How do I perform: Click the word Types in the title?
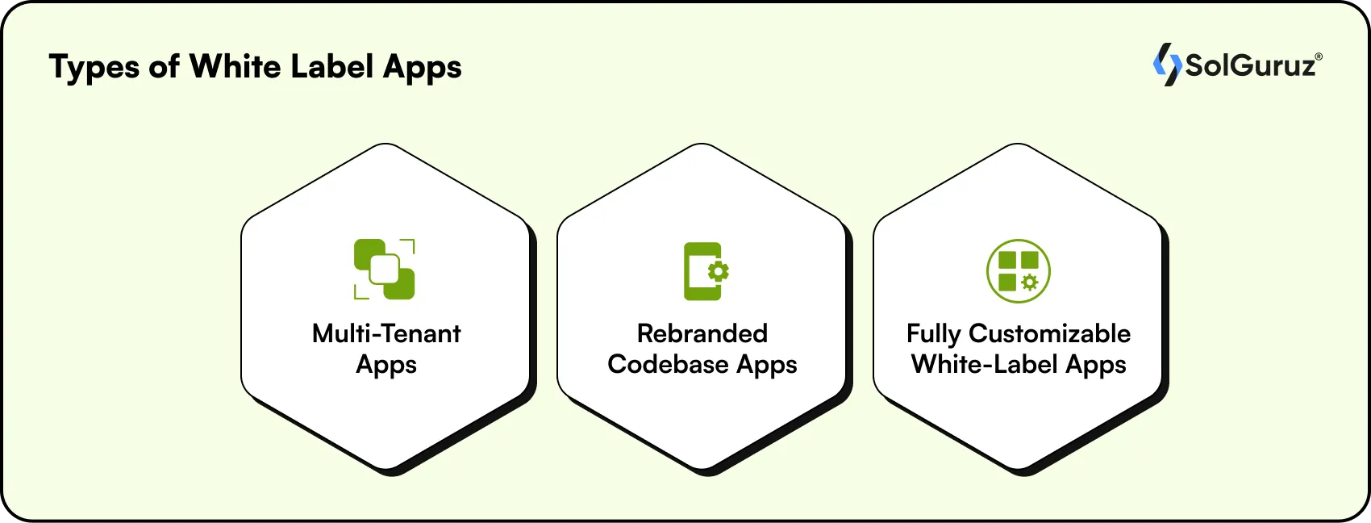(x=94, y=68)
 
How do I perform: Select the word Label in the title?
(x=331, y=66)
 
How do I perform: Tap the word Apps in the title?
(x=423, y=68)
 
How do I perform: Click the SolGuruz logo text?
(x=1250, y=65)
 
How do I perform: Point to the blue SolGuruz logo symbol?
(x=1166, y=65)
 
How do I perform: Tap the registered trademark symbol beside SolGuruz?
(x=1319, y=57)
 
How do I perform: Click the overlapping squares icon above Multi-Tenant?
(x=385, y=270)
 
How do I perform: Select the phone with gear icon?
(x=705, y=271)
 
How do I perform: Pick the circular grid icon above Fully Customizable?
(x=1019, y=271)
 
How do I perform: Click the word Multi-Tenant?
(x=386, y=333)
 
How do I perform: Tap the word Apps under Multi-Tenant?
(x=386, y=365)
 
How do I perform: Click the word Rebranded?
(x=702, y=333)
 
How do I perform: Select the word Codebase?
(x=668, y=364)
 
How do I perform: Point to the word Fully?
(x=933, y=334)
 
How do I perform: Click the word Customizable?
(x=1050, y=333)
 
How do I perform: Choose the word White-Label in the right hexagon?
(x=985, y=364)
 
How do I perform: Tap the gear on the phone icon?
(x=718, y=271)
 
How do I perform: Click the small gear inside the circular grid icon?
(x=1030, y=282)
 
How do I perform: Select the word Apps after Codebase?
(x=767, y=366)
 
